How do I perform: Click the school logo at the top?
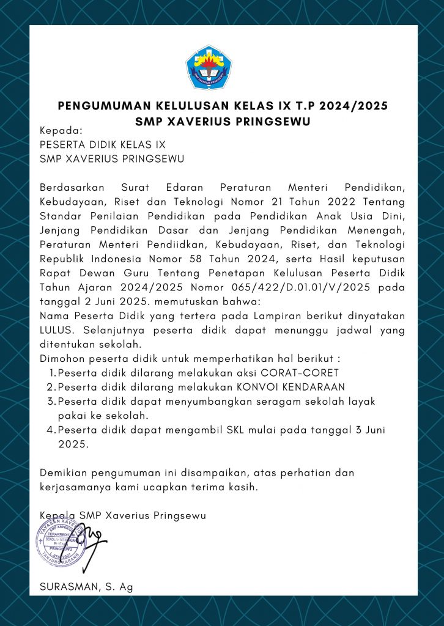pyautogui.click(x=209, y=67)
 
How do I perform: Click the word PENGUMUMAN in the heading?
pyautogui.click(x=104, y=106)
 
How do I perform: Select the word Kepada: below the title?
pyautogui.click(x=61, y=130)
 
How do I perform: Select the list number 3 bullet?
pyautogui.click(x=51, y=401)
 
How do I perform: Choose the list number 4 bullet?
pyautogui.click(x=51, y=430)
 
